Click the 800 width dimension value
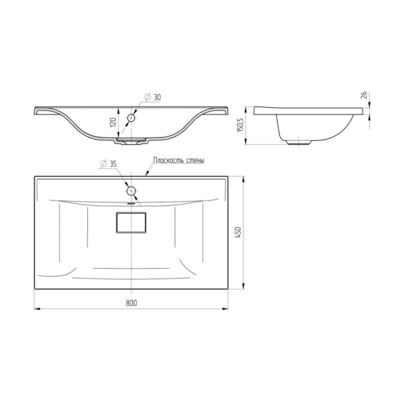132,303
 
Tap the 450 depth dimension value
238,232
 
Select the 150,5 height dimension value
240,124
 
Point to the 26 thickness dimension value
364,95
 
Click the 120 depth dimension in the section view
113,122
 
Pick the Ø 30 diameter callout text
152,97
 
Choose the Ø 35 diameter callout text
109,164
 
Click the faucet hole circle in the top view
131,191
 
